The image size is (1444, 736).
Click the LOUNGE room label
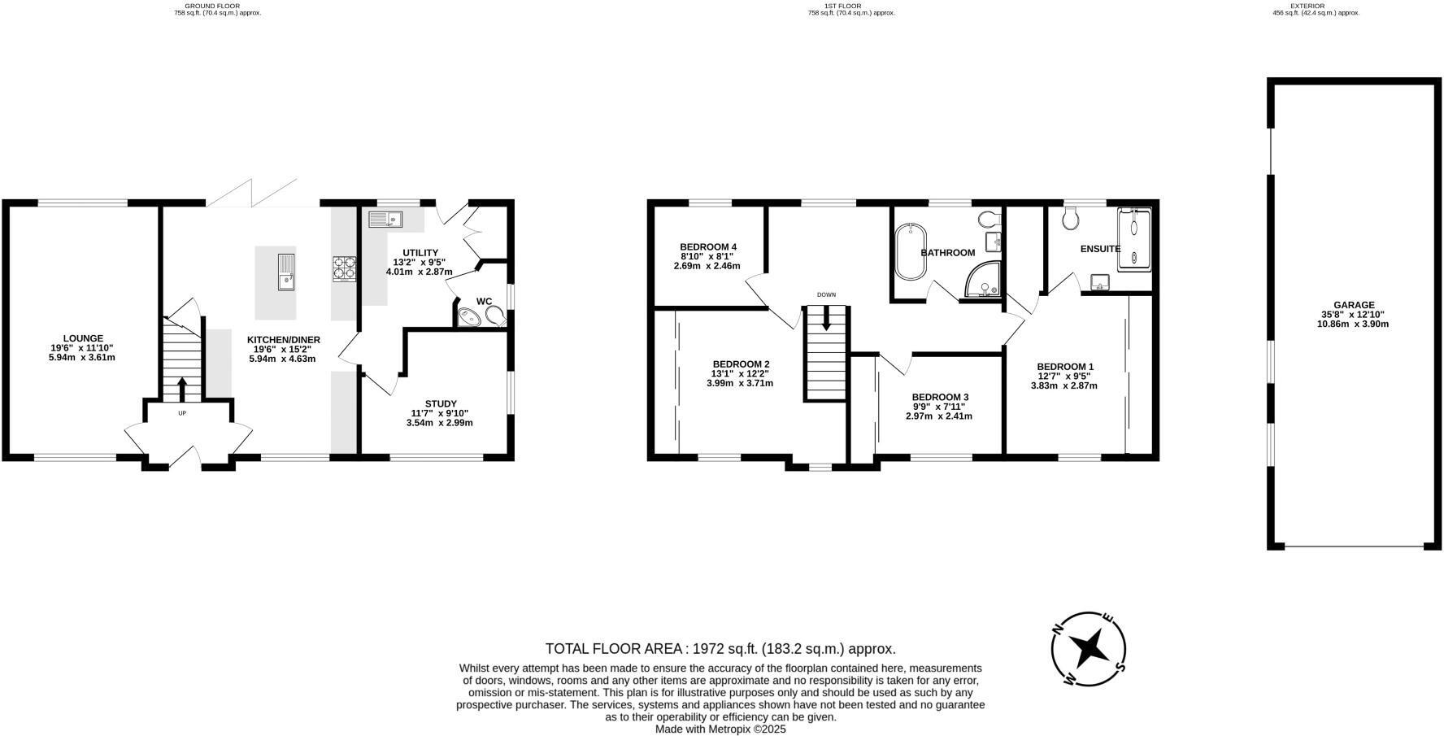tap(84, 338)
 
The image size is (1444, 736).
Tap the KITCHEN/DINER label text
tap(284, 340)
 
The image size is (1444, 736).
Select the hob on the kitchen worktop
tap(345, 268)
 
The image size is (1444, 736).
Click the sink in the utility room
tap(385, 219)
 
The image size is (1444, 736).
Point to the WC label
tap(485, 302)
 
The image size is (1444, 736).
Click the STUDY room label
tap(441, 403)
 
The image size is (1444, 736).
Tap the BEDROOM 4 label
tap(708, 247)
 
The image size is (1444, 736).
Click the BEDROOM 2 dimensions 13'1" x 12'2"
tap(741, 374)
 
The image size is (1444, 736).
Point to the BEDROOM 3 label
tap(939, 397)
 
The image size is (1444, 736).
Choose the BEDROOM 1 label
tap(1065, 367)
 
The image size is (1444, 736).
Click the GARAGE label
tap(1353, 305)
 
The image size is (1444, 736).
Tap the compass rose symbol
tap(1089, 649)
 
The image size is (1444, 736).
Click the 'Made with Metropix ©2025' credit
tap(720, 729)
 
